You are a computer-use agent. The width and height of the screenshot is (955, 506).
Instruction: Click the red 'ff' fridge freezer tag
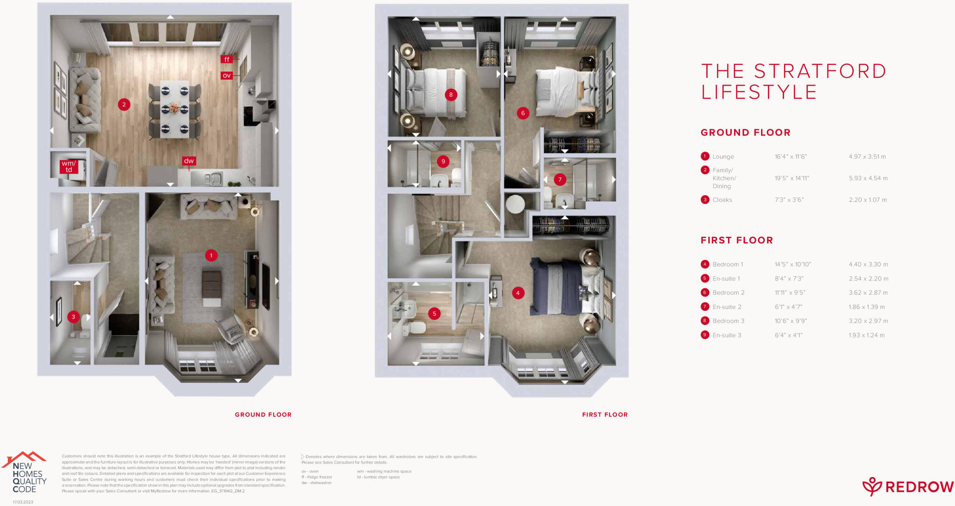227,59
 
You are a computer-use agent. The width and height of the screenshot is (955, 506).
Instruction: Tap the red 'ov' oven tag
227,75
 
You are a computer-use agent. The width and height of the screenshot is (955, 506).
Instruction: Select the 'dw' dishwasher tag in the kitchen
189,161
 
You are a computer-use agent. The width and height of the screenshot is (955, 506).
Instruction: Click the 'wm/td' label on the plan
69,167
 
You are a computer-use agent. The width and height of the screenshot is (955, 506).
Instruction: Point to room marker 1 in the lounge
211,255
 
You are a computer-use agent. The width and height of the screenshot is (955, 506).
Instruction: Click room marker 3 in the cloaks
73,317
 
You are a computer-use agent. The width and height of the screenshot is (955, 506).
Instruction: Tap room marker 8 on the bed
450,95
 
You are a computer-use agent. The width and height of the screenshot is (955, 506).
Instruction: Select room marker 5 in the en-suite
434,314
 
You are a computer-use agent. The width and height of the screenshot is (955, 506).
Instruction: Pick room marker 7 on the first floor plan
560,179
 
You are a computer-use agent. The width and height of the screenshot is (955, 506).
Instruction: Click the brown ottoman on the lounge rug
212,282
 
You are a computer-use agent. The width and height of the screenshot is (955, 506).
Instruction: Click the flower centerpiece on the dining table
174,108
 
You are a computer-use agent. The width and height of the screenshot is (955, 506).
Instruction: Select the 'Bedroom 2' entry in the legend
728,293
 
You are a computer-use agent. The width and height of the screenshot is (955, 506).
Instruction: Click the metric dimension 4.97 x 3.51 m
867,157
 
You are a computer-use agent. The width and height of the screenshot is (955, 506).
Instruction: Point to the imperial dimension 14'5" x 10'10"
793,264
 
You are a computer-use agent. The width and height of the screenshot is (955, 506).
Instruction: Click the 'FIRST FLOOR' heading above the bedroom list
737,240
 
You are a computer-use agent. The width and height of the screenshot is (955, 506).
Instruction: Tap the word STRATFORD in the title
820,71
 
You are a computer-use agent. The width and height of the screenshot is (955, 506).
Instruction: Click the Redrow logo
907,487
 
